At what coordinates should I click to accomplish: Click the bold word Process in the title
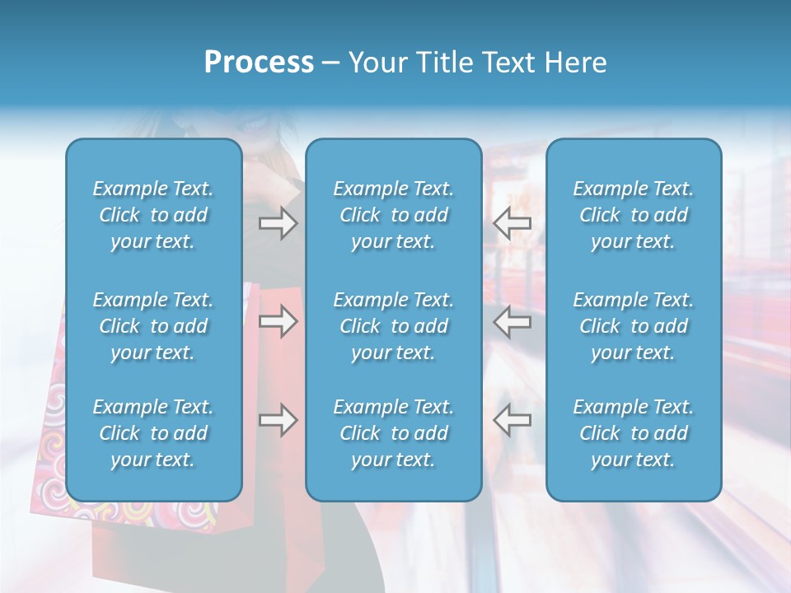tap(259, 63)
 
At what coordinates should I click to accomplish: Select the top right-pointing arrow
tap(278, 223)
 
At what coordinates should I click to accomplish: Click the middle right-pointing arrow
tap(278, 321)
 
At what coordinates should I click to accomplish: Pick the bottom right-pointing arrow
tap(278, 420)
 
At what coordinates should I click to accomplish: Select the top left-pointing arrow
tap(513, 223)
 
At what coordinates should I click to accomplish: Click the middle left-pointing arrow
tap(513, 321)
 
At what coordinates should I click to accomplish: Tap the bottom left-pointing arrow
tap(513, 420)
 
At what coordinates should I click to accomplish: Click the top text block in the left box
tap(153, 215)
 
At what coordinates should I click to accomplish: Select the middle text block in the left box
tap(153, 326)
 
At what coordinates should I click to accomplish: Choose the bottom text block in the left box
tap(153, 433)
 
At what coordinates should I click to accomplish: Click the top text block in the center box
tap(393, 215)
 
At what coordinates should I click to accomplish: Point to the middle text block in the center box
tap(393, 326)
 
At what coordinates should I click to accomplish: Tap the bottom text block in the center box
tap(393, 433)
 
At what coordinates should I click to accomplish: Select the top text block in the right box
tap(633, 215)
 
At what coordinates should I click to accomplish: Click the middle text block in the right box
tap(633, 326)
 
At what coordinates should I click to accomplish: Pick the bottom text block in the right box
tap(633, 433)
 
